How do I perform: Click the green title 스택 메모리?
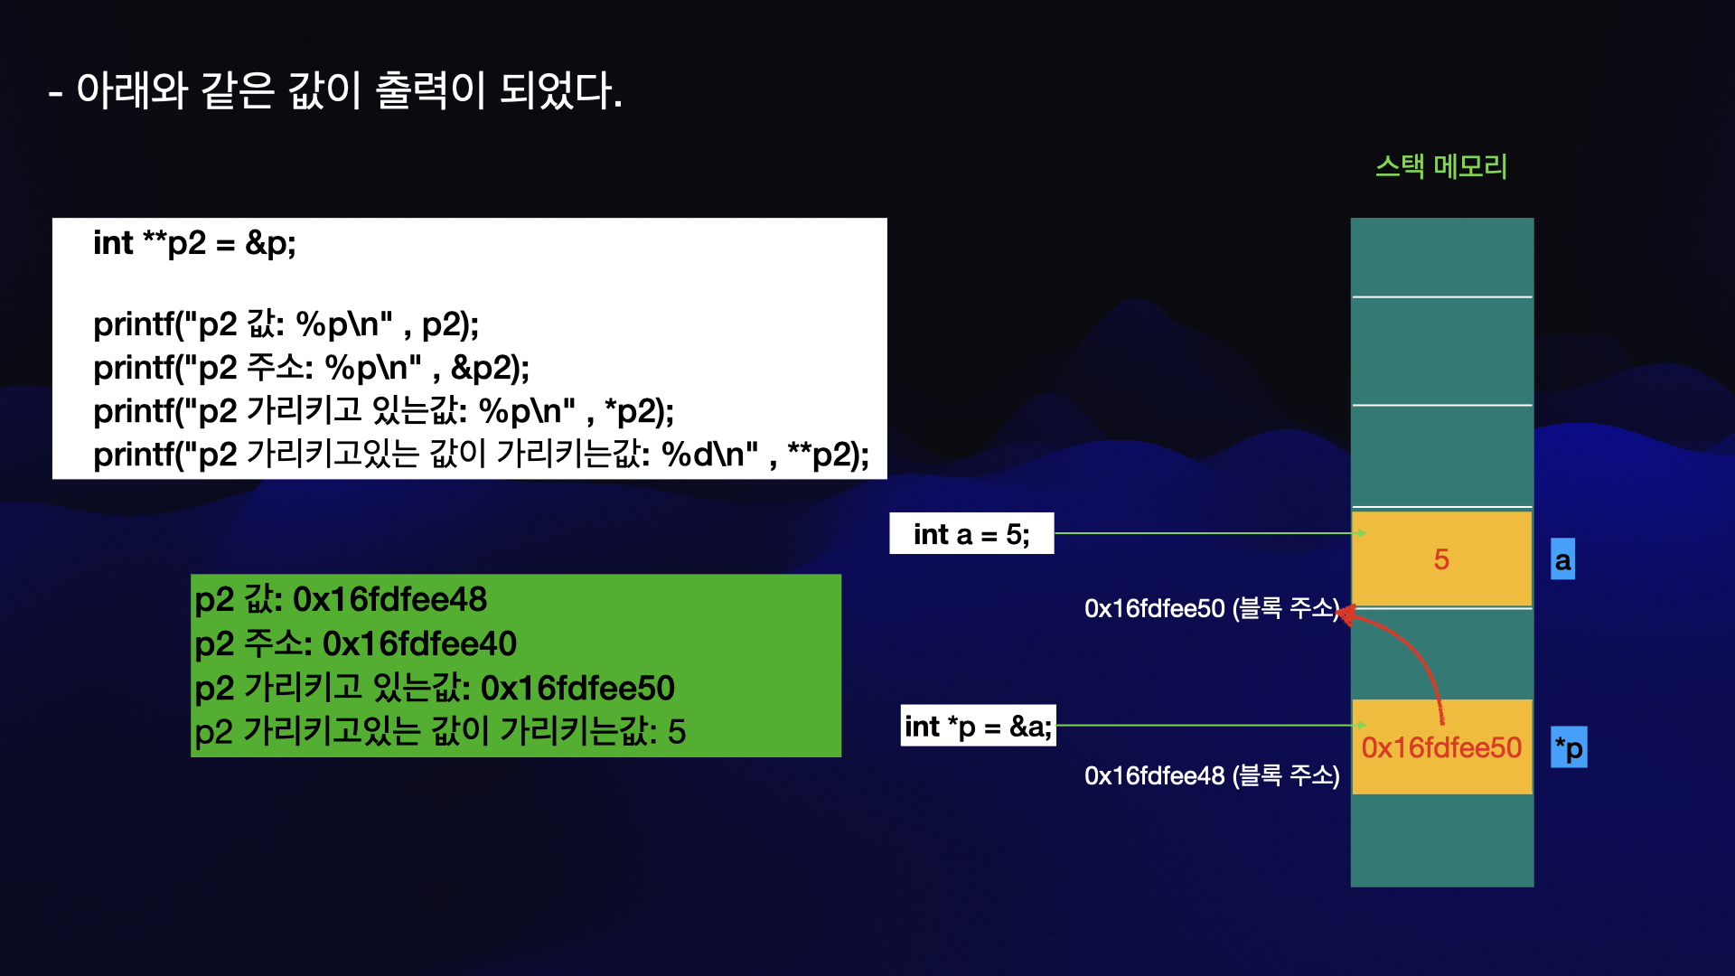click(1441, 167)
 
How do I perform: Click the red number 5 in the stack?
click(1441, 559)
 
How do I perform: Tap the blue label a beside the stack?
click(1562, 560)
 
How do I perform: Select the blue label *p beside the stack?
click(1569, 748)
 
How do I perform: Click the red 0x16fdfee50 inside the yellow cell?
click(1441, 748)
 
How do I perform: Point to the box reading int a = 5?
click(971, 534)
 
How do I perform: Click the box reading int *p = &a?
click(978, 726)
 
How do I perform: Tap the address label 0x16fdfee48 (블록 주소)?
click(1211, 776)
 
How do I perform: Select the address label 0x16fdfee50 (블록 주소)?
click(1211, 608)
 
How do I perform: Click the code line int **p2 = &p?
click(194, 243)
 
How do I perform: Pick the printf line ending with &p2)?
click(311, 368)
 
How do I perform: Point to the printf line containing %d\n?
click(481, 455)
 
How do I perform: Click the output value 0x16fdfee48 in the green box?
click(389, 599)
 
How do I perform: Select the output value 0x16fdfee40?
click(419, 643)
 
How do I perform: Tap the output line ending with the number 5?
click(439, 731)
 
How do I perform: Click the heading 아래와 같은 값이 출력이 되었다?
click(335, 90)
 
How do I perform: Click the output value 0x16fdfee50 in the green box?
click(577, 689)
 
